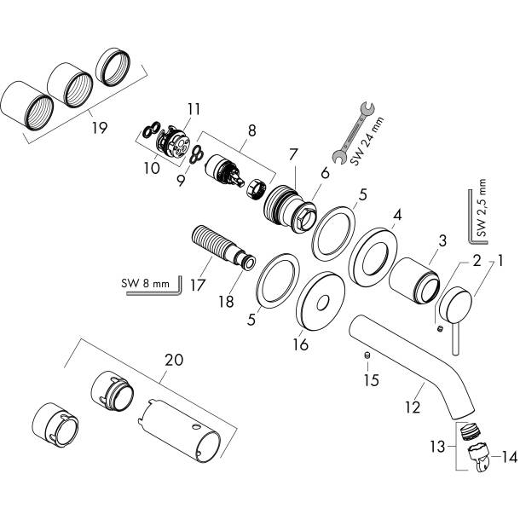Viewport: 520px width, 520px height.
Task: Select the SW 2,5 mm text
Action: (482, 208)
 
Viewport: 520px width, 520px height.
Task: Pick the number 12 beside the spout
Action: (413, 407)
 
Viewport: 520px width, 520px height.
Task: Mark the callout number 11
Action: (194, 108)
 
